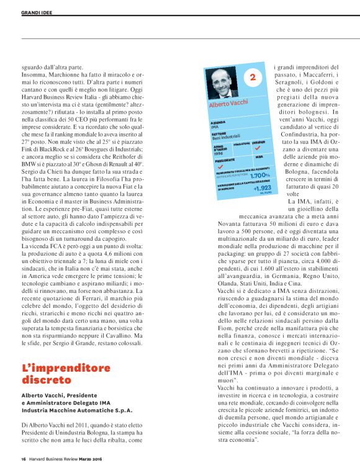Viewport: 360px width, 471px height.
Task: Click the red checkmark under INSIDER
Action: point(258,149)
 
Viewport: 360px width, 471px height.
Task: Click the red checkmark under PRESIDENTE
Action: point(217,166)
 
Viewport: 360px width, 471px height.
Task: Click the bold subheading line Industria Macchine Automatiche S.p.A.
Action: point(77,410)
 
